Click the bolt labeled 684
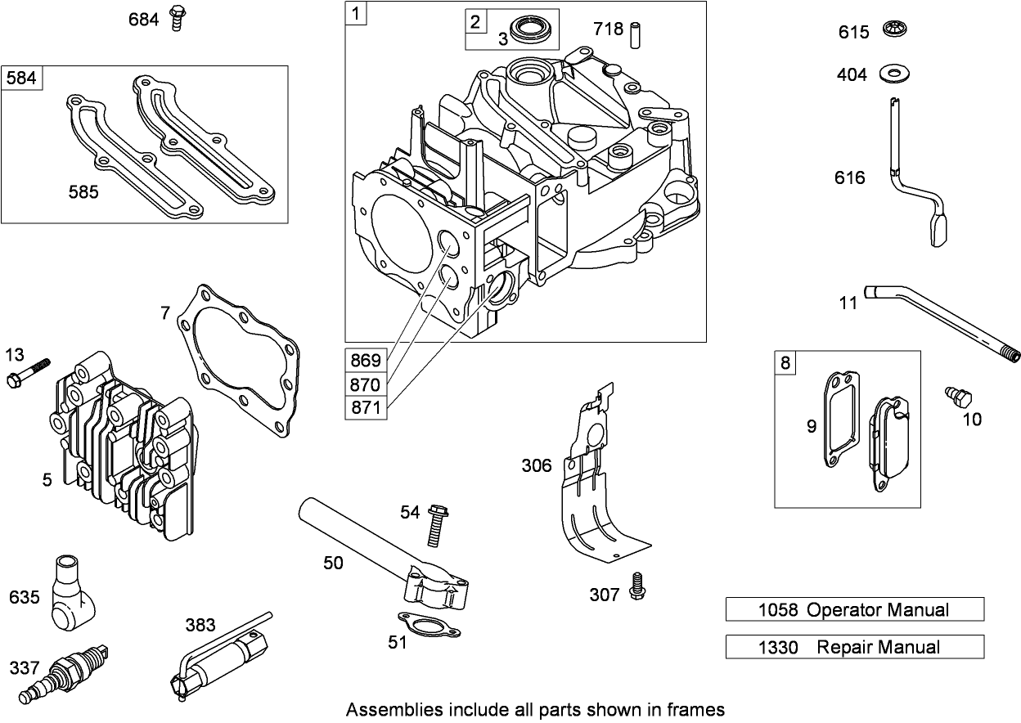[x=175, y=18]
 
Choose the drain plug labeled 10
[x=958, y=397]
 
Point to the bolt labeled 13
[x=28, y=372]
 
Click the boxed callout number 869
[x=366, y=361]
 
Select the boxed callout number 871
[x=366, y=407]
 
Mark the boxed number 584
[x=22, y=78]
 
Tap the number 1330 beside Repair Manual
[x=777, y=648]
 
